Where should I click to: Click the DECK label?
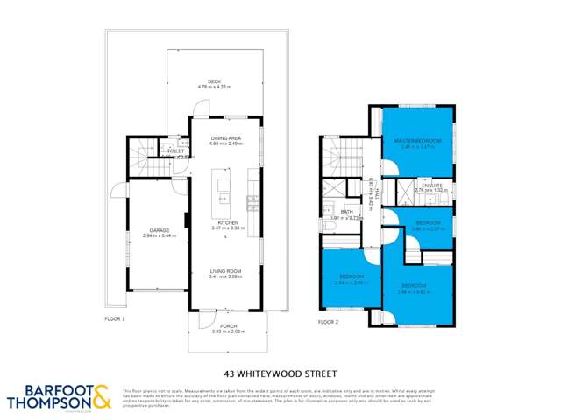[214, 81]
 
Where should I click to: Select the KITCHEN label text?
[228, 223]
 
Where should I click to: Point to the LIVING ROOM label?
[225, 271]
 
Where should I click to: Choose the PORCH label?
[224, 326]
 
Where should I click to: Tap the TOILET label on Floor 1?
[175, 150]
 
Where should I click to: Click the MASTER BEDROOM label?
[417, 140]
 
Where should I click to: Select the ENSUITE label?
[430, 185]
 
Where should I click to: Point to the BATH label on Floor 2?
[346, 212]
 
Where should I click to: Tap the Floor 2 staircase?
[335, 158]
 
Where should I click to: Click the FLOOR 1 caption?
[115, 318]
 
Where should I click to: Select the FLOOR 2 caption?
[330, 322]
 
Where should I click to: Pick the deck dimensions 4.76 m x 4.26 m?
[214, 87]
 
